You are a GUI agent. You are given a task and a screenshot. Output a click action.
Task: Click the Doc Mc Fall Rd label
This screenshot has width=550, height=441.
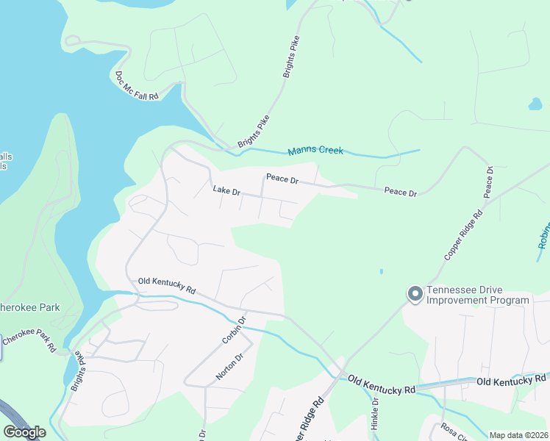(137, 86)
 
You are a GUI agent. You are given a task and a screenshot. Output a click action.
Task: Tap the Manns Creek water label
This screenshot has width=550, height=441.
(315, 151)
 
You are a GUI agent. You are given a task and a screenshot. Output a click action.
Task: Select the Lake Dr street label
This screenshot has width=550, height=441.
(226, 191)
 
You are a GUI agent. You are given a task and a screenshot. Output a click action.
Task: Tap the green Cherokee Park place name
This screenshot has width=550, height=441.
(29, 307)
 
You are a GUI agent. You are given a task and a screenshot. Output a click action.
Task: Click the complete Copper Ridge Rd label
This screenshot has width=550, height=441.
(463, 234)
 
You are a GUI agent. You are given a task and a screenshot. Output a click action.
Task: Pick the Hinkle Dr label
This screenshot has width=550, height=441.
(374, 412)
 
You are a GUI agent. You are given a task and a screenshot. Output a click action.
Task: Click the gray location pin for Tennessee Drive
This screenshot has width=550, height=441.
(415, 294)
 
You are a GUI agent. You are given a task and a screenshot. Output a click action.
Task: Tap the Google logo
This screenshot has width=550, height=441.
(24, 432)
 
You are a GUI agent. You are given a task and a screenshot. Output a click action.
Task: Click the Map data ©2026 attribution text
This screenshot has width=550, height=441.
(518, 435)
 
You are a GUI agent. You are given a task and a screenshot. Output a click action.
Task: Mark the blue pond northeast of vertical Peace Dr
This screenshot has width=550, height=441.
(535, 104)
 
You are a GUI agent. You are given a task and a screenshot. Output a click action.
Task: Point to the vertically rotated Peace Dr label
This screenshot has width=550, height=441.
(488, 182)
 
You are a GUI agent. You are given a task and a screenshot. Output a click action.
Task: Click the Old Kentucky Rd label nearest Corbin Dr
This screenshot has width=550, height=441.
(166, 285)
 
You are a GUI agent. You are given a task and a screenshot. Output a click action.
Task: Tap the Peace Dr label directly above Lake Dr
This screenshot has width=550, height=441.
(282, 179)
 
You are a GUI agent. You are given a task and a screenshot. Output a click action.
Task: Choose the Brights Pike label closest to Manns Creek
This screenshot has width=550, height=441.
(253, 131)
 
